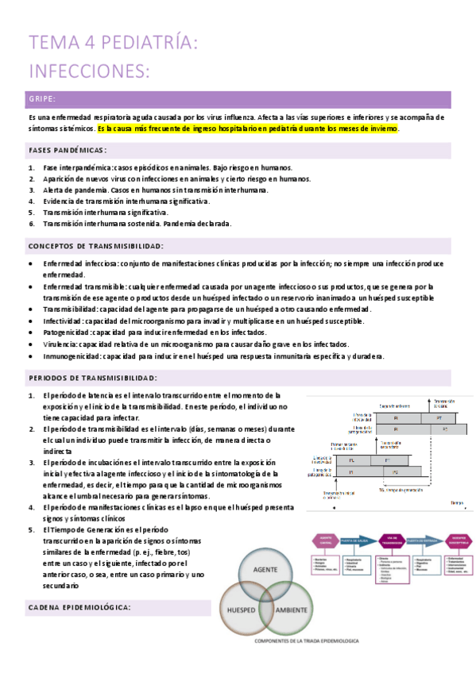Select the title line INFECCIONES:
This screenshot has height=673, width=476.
(89, 71)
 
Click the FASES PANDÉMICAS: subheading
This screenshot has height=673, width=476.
(68, 150)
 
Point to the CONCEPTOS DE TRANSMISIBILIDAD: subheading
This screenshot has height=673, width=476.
(95, 246)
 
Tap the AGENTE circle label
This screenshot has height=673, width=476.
(265, 571)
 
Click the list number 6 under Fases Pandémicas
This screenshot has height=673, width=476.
(30, 224)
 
